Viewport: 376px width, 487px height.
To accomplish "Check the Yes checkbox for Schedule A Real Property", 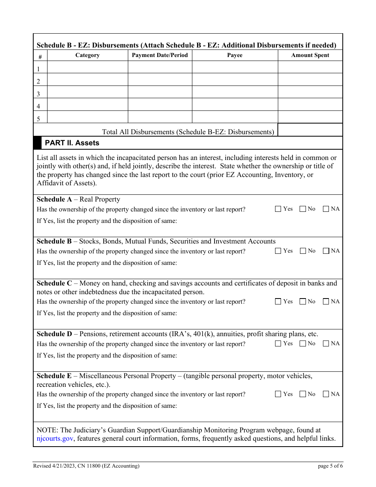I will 278,209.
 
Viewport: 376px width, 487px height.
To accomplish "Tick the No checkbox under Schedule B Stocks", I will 303,251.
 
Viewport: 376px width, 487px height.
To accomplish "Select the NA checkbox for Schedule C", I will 326,302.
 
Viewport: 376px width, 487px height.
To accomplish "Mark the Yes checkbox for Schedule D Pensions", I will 278,344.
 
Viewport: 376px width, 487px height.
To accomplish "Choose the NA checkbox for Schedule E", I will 326,394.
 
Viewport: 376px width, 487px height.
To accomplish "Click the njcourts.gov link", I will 55,439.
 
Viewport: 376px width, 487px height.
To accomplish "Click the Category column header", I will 87,55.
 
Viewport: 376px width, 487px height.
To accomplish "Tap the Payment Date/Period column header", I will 160,55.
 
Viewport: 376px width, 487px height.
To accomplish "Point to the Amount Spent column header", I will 310,55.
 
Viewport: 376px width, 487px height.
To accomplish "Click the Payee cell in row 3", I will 235,92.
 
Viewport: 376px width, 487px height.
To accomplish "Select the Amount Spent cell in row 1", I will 310,67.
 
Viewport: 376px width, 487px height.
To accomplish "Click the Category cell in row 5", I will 87,117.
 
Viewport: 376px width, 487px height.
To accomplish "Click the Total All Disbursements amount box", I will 310,130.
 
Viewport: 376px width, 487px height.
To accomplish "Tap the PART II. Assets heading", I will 72,143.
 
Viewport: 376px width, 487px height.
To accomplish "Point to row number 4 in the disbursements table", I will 39,107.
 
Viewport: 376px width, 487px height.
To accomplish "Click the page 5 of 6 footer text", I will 330,466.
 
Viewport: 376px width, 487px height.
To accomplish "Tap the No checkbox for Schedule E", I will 303,394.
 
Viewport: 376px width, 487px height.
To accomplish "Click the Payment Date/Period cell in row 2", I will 160,80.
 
